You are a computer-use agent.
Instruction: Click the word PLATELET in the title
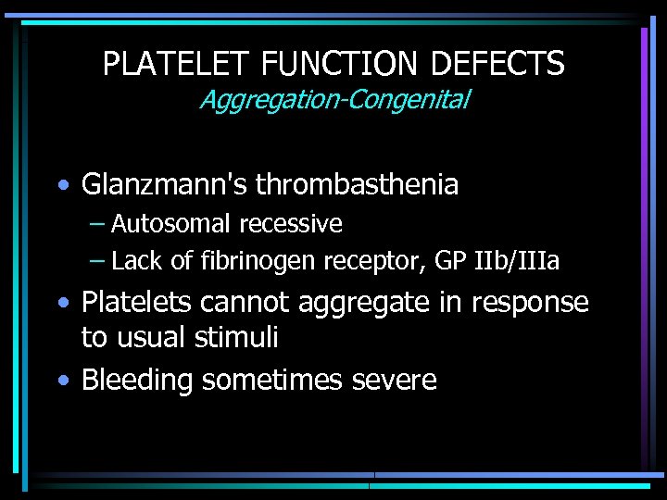[x=177, y=64]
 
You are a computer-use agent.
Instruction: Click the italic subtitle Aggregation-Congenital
[x=333, y=99]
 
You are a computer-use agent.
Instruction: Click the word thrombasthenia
[x=357, y=185]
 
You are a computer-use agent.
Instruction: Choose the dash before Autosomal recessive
[x=97, y=224]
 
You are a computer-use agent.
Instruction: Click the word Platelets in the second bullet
[x=142, y=303]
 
